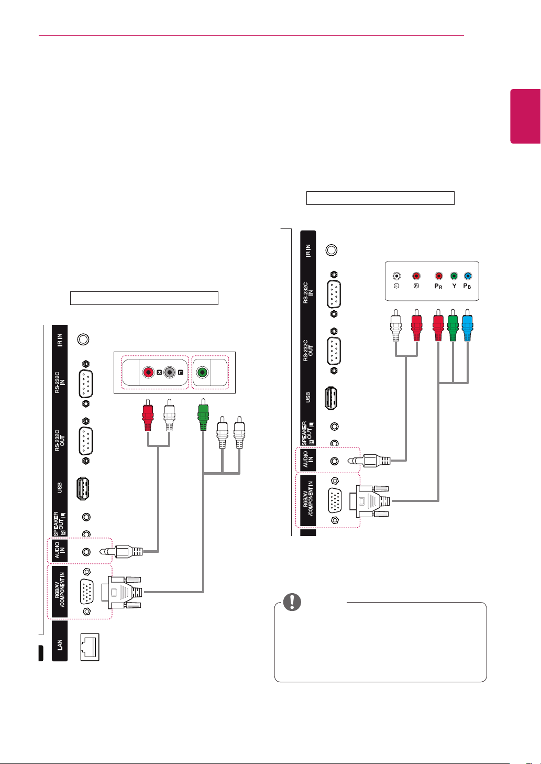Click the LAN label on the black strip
coord(60,645)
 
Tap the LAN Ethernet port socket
coord(90,647)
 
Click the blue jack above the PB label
coord(468,276)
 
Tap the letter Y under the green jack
coord(454,286)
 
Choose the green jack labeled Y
coord(454,276)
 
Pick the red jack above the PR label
coord(439,276)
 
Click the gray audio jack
coord(170,372)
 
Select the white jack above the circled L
coord(396,276)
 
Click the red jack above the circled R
coord(416,276)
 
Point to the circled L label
coord(396,286)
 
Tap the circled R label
coord(416,286)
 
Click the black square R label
coord(159,373)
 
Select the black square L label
coord(181,373)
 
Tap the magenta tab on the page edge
coord(525,116)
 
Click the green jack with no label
coord(202,372)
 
